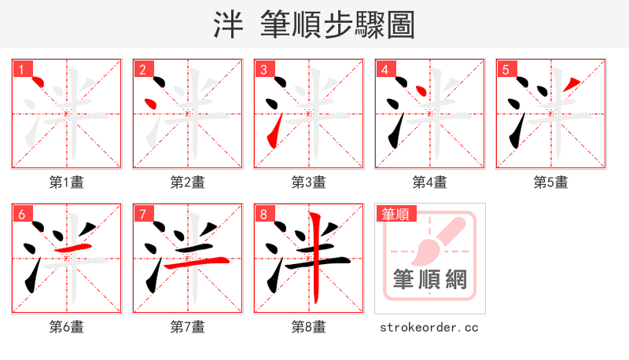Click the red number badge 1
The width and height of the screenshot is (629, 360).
pyautogui.click(x=21, y=70)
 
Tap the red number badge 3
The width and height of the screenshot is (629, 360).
pyautogui.click(x=263, y=70)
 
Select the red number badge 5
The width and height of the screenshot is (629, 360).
pyautogui.click(x=506, y=70)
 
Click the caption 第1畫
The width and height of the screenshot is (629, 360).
pyautogui.click(x=67, y=182)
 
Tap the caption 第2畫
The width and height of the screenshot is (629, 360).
pyautogui.click(x=188, y=182)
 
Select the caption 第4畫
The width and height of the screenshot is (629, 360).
pyautogui.click(x=430, y=182)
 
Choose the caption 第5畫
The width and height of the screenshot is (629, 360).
pyautogui.click(x=551, y=182)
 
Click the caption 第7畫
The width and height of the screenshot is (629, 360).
pyautogui.click(x=188, y=327)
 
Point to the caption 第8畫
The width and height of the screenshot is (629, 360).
pyautogui.click(x=309, y=327)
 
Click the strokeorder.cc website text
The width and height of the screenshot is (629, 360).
pyautogui.click(x=429, y=327)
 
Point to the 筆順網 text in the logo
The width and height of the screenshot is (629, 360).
pyautogui.click(x=430, y=278)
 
